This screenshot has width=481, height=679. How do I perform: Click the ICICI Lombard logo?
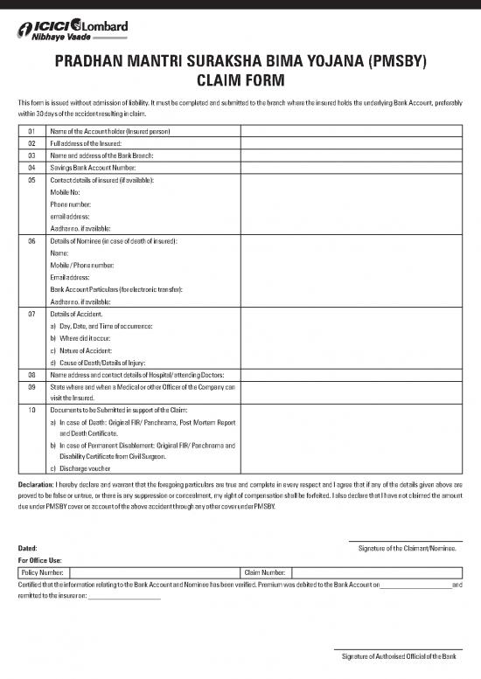pos(72,31)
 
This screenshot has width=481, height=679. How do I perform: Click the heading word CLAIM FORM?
pos(240,81)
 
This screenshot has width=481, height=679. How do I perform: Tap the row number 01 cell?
pos(31,131)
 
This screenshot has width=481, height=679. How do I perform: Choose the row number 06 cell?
pos(31,239)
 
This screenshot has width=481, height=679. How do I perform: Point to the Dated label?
pos(28,548)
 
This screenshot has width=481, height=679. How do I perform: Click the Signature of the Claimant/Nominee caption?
pos(407,548)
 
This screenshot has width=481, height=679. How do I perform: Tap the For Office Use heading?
pos(40,559)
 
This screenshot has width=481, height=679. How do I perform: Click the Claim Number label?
pos(267,571)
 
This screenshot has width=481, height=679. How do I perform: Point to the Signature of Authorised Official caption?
pos(398,655)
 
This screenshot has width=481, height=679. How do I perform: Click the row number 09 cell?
pos(31,386)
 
